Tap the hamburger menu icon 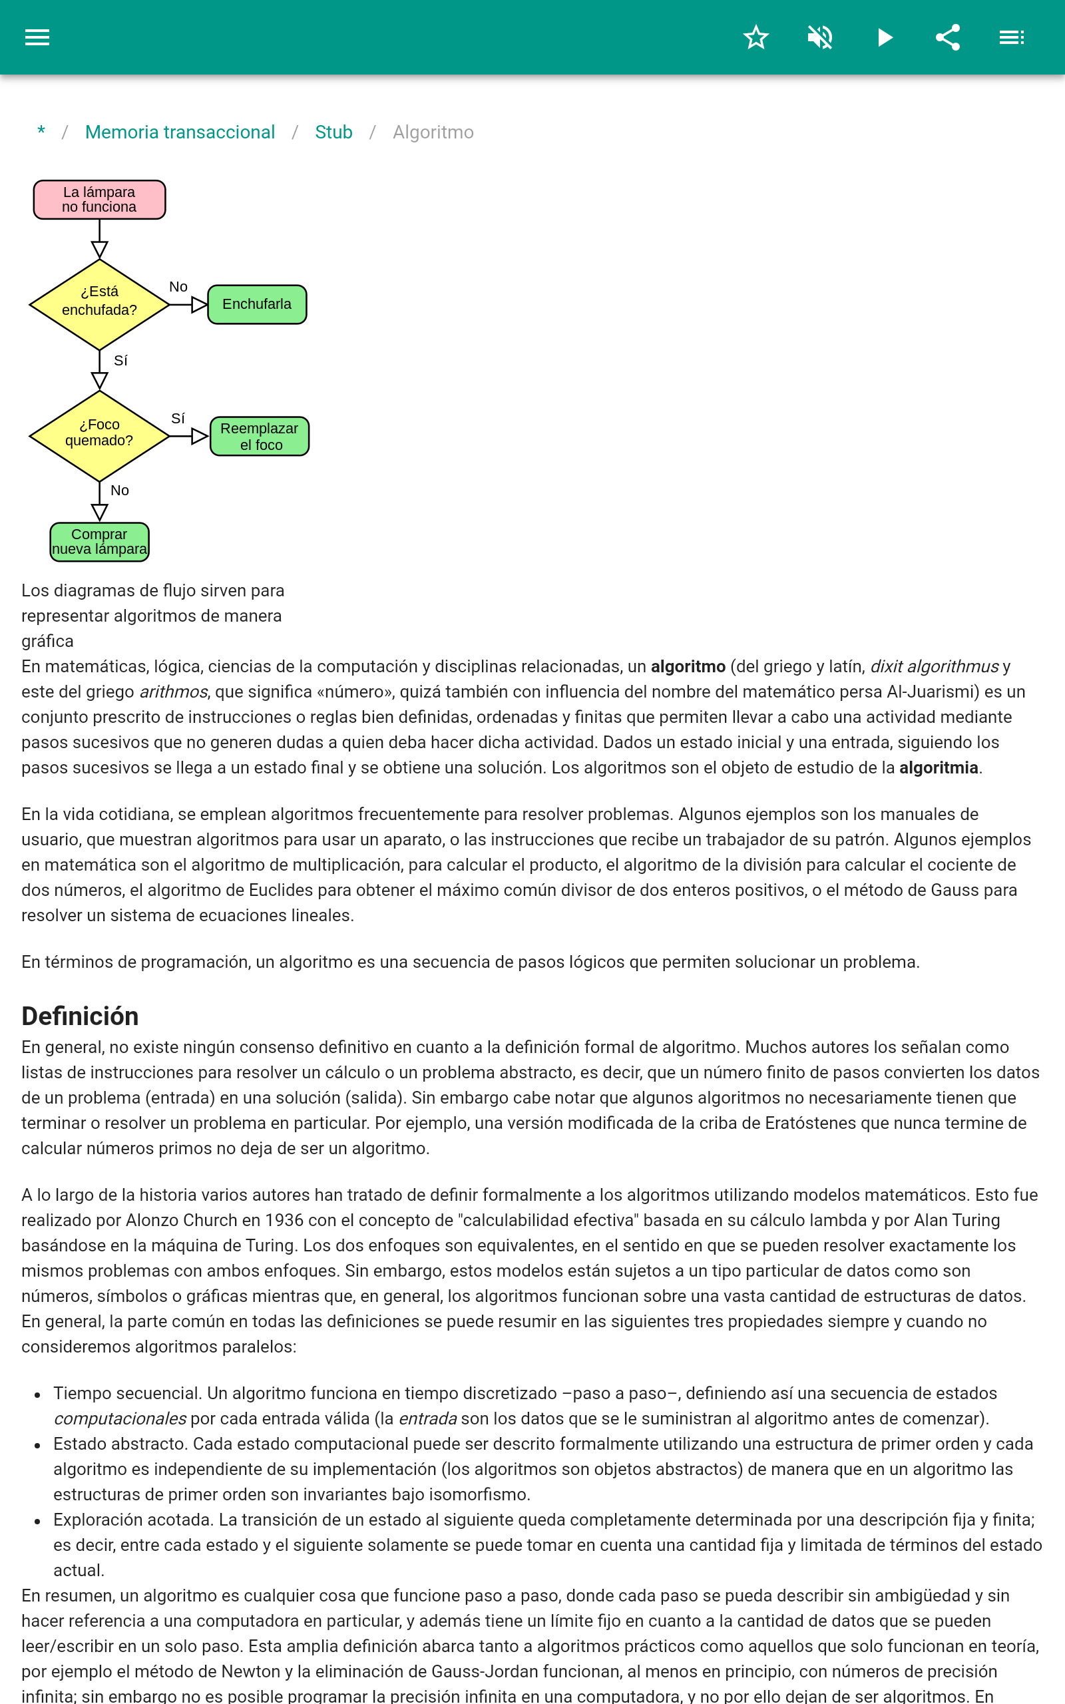(x=37, y=37)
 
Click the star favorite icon (x=755, y=37)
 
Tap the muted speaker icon (x=820, y=37)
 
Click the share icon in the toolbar (x=948, y=37)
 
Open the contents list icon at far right (x=1012, y=37)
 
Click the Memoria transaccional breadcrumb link (x=180, y=132)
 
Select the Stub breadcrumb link (x=333, y=132)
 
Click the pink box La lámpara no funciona (x=99, y=200)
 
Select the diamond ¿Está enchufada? (x=99, y=304)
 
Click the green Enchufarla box (x=257, y=304)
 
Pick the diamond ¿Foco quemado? (x=99, y=436)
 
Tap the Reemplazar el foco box (x=259, y=437)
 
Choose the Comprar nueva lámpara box (x=99, y=541)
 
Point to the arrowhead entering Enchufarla (x=199, y=305)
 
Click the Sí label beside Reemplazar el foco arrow (x=178, y=418)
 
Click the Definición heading (x=81, y=1016)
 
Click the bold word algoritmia (x=939, y=767)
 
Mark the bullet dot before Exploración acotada (x=37, y=1522)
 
